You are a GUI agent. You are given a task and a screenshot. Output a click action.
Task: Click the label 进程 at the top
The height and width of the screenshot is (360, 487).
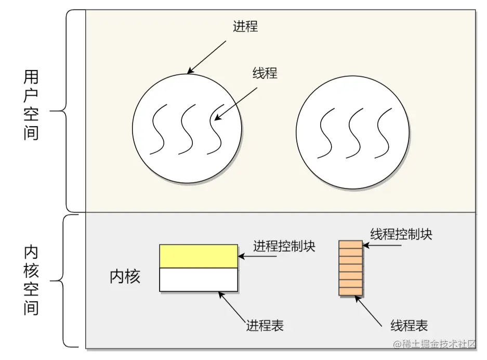[245, 26]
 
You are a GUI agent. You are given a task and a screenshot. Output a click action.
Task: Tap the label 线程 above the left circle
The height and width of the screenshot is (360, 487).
[265, 73]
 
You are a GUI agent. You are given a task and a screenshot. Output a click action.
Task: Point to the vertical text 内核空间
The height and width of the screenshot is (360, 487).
[31, 281]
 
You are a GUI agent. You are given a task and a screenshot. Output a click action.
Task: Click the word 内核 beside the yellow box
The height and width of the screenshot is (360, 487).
[125, 277]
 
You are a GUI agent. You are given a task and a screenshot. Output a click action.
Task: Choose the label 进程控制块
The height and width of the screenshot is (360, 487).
[284, 246]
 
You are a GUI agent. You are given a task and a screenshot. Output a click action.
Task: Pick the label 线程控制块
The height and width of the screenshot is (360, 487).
[401, 234]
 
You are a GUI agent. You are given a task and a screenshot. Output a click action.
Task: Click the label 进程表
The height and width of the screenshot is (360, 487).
[265, 326]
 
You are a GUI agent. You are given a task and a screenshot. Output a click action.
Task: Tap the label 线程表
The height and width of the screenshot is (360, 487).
[409, 326]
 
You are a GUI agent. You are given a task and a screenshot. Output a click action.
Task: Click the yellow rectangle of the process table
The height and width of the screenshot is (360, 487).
[199, 256]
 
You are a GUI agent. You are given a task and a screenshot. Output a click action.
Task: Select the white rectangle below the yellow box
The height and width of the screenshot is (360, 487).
[199, 279]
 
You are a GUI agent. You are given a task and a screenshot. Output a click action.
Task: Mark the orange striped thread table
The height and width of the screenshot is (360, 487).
[350, 268]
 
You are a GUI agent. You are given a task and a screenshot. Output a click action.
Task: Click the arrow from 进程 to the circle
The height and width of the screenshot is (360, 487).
[206, 57]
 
